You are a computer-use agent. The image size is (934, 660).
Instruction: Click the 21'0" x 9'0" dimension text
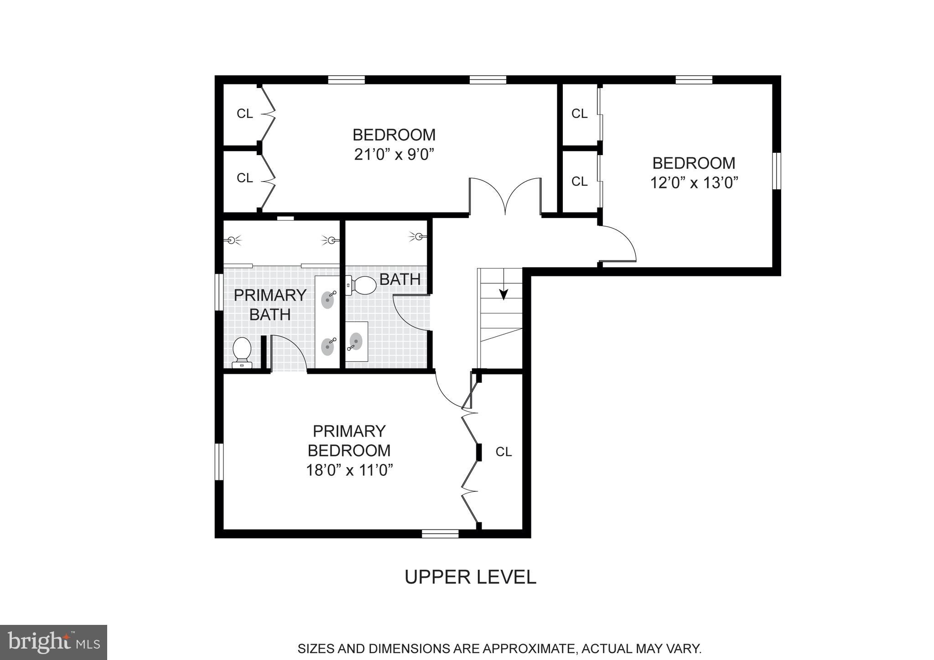(x=394, y=155)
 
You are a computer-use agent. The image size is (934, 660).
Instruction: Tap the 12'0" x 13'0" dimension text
(x=694, y=183)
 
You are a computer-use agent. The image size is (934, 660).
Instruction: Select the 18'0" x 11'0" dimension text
(x=349, y=470)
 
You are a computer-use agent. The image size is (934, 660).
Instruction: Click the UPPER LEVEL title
(x=470, y=577)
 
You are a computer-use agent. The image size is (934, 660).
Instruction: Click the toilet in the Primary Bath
(x=242, y=352)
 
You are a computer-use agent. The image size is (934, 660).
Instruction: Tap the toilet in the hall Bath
(x=363, y=286)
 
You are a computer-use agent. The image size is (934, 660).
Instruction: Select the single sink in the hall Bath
(x=356, y=341)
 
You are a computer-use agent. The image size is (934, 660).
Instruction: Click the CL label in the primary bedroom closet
(x=503, y=452)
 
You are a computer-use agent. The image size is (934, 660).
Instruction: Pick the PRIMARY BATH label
(x=270, y=305)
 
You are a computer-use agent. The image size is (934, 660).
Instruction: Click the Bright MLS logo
(x=53, y=642)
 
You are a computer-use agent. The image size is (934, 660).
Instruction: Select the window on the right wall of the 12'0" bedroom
(x=777, y=171)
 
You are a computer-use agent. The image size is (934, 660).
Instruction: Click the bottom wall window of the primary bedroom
(x=440, y=534)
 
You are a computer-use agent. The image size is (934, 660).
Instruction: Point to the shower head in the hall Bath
(x=419, y=236)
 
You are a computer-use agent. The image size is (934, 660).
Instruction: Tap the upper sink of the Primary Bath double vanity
(x=328, y=300)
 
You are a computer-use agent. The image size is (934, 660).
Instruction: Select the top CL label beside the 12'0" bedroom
(x=579, y=114)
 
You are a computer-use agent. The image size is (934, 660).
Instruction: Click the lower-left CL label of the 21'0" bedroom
(x=244, y=178)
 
